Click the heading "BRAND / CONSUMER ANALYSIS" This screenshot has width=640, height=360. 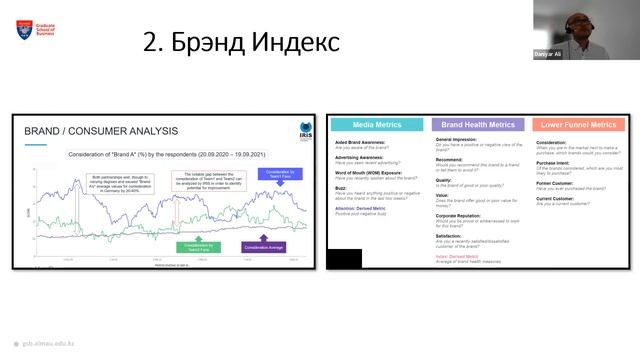tap(100, 131)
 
